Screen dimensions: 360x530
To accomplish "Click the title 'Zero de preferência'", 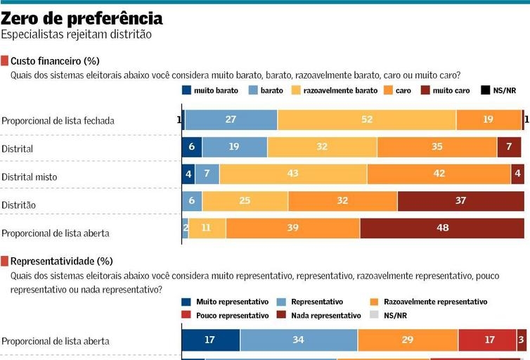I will tap(82, 18).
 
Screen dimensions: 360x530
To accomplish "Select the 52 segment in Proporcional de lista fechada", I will tap(366, 120).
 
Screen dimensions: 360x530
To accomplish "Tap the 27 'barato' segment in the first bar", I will tap(231, 120).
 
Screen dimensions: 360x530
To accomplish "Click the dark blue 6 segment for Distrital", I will tap(192, 148).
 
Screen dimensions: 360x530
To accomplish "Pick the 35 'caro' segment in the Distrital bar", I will tap(437, 148).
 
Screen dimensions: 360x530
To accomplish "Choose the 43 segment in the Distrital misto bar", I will tap(292, 174).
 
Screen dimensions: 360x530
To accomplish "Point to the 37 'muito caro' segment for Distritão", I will tap(460, 201).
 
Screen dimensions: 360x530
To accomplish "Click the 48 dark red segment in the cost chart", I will tap(442, 228).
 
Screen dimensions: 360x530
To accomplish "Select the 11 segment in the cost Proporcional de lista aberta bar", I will tap(207, 228).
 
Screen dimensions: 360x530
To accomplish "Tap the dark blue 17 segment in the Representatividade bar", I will tap(210, 340).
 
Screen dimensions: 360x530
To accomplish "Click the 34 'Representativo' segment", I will tap(299, 340).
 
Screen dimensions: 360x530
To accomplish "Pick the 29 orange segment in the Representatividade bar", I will tap(408, 340).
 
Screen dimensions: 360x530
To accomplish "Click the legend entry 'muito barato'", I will tap(210, 90).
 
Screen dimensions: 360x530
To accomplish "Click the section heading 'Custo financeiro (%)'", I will tap(50, 62).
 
